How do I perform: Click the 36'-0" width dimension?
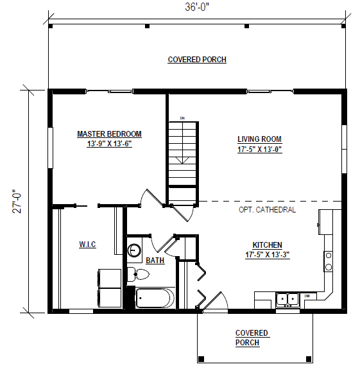tap(197, 7)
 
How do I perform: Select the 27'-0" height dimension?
tap(17, 202)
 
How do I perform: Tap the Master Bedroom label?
tap(109, 134)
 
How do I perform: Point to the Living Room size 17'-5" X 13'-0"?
tap(260, 150)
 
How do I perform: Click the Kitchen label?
tap(268, 245)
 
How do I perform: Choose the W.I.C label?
tap(87, 245)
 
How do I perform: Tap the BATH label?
tap(155, 261)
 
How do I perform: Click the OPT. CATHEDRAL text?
tap(267, 210)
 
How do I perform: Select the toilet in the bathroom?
tap(138, 275)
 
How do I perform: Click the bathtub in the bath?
tap(155, 298)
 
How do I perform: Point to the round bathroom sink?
tap(134, 250)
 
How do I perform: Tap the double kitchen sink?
tap(287, 300)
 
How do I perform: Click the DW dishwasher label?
tap(307, 296)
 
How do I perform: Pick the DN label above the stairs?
tap(182, 118)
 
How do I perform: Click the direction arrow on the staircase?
tap(182, 160)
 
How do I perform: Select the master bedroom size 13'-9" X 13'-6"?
tap(109, 144)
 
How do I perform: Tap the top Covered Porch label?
tap(197, 60)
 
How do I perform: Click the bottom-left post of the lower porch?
tap(201, 358)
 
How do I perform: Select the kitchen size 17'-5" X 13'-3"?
tap(268, 255)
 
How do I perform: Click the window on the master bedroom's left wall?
tap(50, 148)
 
